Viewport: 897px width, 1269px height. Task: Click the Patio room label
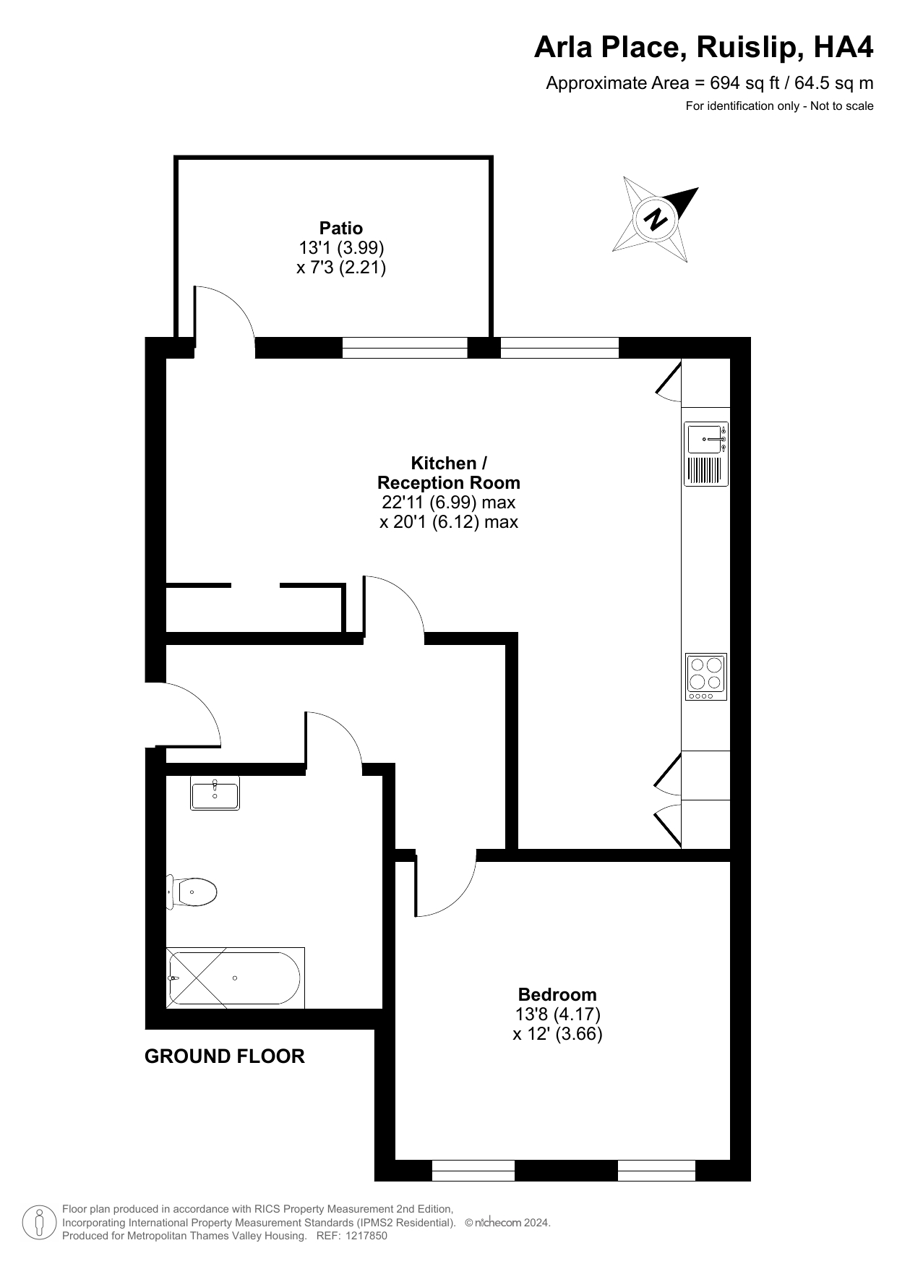341,228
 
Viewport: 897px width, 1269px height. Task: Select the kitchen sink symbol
706,453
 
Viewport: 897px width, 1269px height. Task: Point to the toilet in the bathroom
192,892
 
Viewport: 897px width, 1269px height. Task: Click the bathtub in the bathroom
236,978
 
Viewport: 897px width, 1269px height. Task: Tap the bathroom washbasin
215,793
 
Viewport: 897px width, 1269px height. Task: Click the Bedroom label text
557,994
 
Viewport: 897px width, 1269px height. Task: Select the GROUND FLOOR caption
225,1056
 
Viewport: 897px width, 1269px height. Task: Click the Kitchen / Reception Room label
449,473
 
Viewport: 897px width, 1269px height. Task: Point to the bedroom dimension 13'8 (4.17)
557,1014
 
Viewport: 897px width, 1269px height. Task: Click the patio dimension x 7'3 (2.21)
341,268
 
